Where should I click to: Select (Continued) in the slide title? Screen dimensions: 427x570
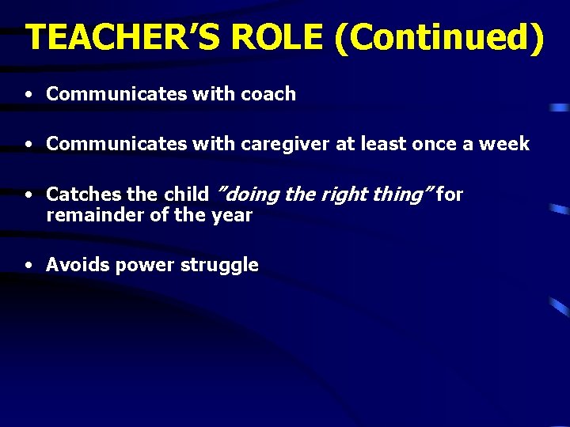pos(439,38)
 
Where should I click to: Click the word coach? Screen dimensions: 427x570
pos(268,94)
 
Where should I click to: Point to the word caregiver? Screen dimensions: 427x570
pos(278,144)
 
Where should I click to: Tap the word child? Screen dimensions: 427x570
pos(186,195)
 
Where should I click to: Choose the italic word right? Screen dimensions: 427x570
pos(336,195)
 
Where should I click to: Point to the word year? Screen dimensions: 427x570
pos(231,215)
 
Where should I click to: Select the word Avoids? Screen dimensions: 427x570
pos(78,265)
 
